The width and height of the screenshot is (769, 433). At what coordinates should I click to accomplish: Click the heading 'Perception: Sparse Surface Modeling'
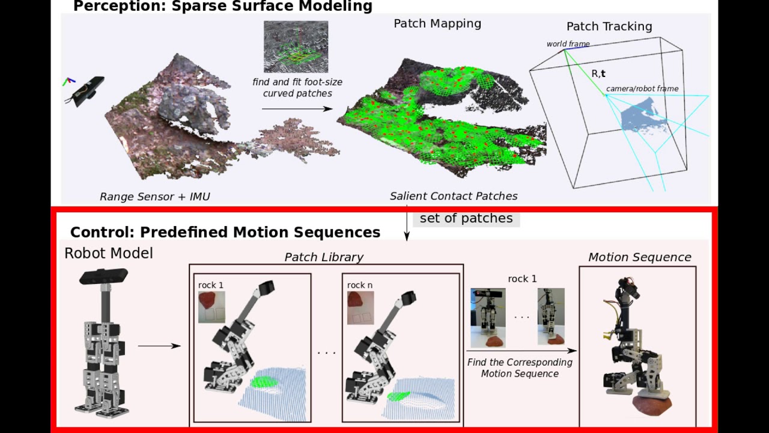222,7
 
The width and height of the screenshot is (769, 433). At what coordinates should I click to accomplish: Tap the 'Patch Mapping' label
437,23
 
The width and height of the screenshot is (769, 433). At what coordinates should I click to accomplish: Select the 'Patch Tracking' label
609,26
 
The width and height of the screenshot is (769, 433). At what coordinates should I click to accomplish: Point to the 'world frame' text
568,44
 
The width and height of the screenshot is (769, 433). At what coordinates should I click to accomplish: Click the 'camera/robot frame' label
642,89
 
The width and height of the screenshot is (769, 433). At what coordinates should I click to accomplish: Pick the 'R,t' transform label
598,73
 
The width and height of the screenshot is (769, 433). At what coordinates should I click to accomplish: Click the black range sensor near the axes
88,90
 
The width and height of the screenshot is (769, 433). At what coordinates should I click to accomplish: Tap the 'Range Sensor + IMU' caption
155,197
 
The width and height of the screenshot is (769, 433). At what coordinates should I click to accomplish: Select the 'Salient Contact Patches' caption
454,196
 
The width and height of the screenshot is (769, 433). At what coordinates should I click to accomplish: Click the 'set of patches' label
466,218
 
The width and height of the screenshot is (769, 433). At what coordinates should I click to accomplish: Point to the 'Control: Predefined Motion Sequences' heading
225,232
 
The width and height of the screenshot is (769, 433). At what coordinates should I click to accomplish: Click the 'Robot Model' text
109,253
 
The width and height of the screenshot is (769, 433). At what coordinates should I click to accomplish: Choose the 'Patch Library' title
324,257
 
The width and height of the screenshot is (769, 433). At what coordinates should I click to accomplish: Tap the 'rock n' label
360,285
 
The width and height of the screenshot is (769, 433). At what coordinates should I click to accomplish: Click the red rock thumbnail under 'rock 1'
208,299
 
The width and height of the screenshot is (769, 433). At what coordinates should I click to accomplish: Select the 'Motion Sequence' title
639,257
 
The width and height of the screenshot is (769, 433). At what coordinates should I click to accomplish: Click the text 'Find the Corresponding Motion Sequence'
520,368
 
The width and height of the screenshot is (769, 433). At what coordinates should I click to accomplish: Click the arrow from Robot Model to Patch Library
159,346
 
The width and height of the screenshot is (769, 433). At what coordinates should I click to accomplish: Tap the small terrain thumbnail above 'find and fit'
296,46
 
